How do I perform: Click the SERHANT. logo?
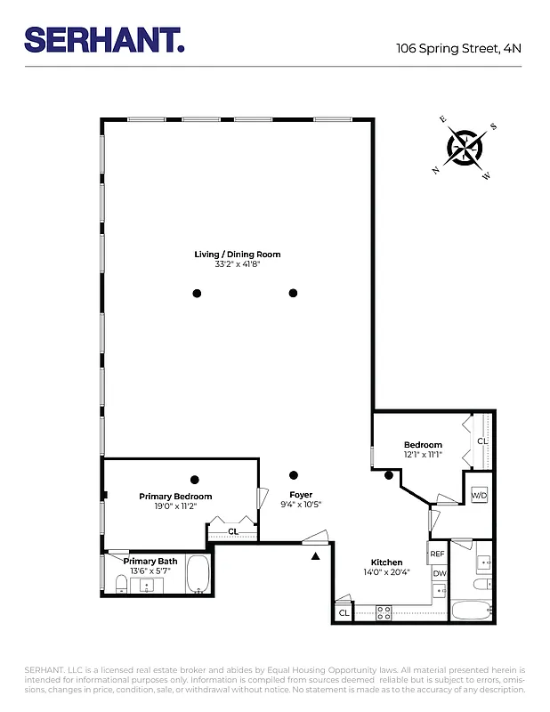click(x=104, y=39)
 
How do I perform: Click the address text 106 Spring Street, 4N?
click(x=458, y=49)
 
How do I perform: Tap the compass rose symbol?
click(x=464, y=147)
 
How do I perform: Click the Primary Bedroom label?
click(x=175, y=497)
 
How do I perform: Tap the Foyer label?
click(x=301, y=495)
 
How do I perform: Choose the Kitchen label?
click(x=387, y=562)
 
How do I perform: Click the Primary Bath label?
click(x=150, y=562)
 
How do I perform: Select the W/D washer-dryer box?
click(x=479, y=495)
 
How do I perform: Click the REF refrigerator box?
click(x=438, y=554)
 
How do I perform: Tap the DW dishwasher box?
click(x=440, y=574)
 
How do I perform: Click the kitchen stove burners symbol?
click(x=384, y=612)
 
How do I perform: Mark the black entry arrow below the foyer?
click(x=315, y=557)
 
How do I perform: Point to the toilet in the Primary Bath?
click(x=120, y=584)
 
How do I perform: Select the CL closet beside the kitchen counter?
click(x=344, y=612)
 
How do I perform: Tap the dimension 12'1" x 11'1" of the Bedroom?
click(x=423, y=454)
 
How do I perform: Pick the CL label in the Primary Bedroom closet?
click(x=233, y=531)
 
